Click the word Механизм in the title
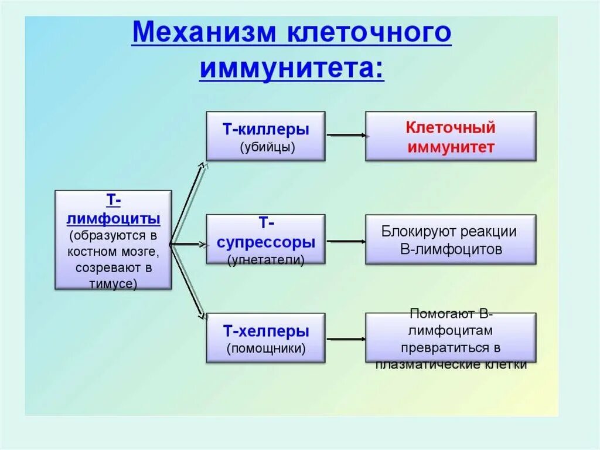pos(204,34)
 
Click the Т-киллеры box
pos(265,136)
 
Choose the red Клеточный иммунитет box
pos(451,136)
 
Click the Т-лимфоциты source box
pos(113,239)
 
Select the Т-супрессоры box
pos(265,239)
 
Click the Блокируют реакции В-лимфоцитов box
pos(451,239)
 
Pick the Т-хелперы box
pos(265,337)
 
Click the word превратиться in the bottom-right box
pos(451,347)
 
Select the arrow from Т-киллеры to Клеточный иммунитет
pos(347,136)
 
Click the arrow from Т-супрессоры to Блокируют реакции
pos(347,241)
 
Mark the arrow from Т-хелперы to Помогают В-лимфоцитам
pos(347,338)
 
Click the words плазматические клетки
pos(451,364)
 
